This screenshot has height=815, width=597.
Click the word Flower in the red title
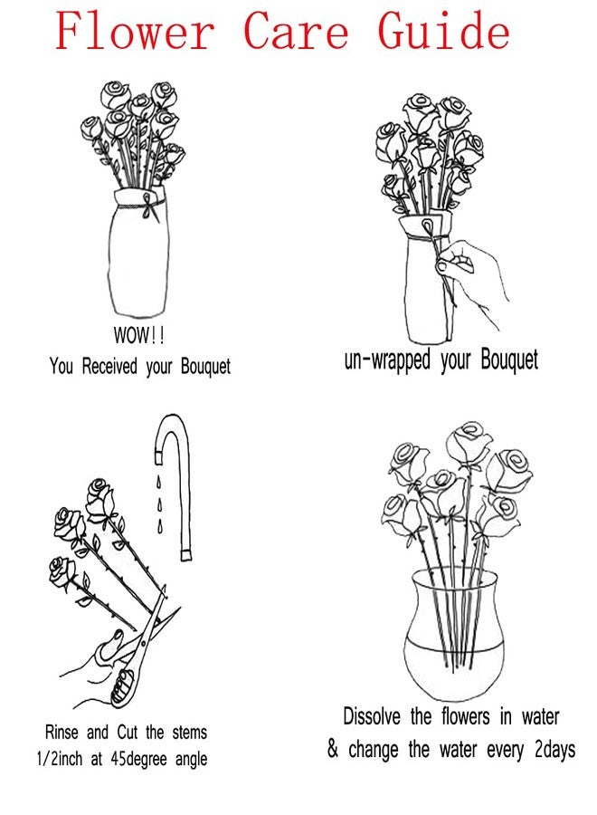(135, 30)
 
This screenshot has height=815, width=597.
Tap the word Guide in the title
(443, 30)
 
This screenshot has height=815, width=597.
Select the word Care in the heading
(296, 31)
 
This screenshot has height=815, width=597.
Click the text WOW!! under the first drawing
(139, 335)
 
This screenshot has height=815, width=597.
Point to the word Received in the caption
(109, 366)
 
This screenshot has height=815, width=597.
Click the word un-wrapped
(387, 360)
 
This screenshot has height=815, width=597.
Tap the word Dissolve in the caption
(372, 716)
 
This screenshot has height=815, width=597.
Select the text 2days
(554, 750)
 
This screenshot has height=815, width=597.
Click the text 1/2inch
(59, 759)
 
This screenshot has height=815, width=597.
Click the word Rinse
(62, 733)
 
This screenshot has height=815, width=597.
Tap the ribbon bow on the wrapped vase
(149, 206)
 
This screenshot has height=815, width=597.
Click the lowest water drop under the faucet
(160, 525)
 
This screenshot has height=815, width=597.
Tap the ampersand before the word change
(333, 749)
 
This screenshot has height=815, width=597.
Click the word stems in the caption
(189, 733)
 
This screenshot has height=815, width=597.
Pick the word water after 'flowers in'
(540, 717)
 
